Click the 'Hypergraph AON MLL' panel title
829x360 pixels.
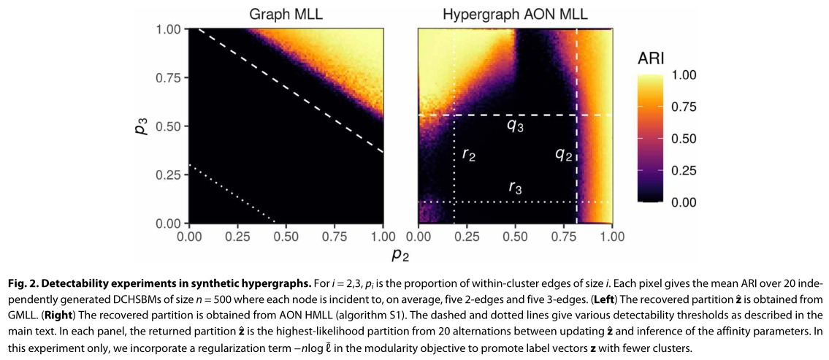tap(515, 14)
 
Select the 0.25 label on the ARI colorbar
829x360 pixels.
tap(684, 170)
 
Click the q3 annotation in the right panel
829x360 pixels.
tap(516, 126)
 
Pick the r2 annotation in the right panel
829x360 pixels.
tap(469, 155)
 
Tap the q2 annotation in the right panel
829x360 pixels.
tap(563, 155)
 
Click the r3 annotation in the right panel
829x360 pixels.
tap(516, 187)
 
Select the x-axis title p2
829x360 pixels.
tap(400, 255)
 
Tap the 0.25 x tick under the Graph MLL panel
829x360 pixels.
tap(237, 237)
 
